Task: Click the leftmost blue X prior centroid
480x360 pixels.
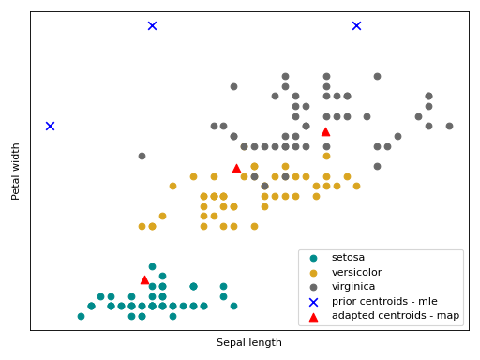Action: pos(50,126)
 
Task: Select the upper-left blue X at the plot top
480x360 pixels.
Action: pos(152,25)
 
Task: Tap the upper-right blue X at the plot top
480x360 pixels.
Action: pos(356,25)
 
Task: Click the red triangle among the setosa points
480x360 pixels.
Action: pos(144,279)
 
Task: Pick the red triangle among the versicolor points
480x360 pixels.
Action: pos(236,168)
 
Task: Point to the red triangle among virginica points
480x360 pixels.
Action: pos(325,131)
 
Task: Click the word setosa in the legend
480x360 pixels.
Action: pos(348,257)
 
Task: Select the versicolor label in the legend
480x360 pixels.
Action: pos(354,272)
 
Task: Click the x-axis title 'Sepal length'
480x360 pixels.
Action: pos(249,342)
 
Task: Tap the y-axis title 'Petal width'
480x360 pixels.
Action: pos(16,171)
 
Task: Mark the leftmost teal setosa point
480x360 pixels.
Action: pos(81,316)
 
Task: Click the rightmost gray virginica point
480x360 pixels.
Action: pos(449,126)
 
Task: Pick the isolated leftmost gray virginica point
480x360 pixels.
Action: pos(142,156)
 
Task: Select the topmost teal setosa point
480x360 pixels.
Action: pos(152,266)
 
